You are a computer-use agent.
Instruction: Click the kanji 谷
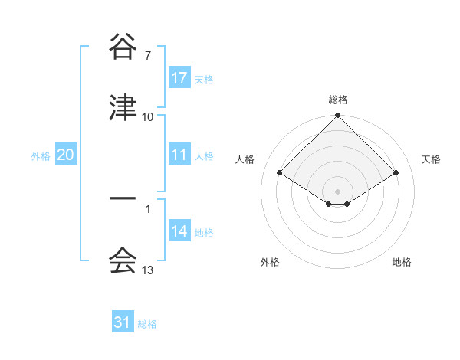coord(123,48)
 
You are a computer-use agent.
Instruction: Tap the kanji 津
coord(123,109)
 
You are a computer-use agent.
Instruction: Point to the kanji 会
coord(123,261)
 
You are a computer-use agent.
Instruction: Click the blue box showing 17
coord(179,78)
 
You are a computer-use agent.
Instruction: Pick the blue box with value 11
coord(179,155)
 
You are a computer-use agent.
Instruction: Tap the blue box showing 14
coord(179,231)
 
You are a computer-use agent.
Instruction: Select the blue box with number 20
coord(66,155)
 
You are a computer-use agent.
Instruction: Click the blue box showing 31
coord(123,322)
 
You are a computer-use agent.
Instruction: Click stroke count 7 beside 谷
coord(148,56)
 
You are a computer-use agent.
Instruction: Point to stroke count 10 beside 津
coord(148,117)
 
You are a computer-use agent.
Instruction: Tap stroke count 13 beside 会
coord(148,270)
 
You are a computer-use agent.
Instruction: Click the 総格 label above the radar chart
coord(338,100)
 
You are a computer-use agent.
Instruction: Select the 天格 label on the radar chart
coord(432,159)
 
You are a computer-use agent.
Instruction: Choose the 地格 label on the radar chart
coord(402,262)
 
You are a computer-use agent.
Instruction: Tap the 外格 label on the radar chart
coord(270,262)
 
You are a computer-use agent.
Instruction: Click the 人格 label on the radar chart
coord(245,159)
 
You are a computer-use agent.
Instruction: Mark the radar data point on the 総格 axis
coord(338,116)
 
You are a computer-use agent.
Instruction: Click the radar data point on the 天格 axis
coord(396,172)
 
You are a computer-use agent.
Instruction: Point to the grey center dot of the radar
coord(338,191)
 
